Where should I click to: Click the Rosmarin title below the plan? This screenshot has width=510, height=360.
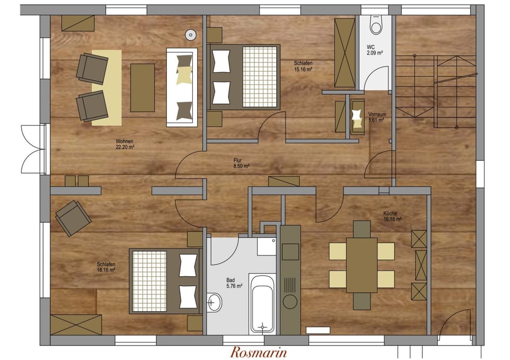pos(259,352)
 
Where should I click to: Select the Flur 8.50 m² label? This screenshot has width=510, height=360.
pos(241,162)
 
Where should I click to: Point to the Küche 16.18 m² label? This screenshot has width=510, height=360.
pos(392,216)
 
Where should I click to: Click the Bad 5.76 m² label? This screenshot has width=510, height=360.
pos(234,283)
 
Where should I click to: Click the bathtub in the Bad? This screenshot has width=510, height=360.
pos(262,303)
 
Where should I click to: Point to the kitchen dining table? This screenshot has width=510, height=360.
pos(362,264)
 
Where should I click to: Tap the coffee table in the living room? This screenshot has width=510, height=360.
pos(142,88)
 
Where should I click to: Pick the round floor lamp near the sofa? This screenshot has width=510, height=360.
pos(190,35)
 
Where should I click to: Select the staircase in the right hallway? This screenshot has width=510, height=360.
pos(436,90)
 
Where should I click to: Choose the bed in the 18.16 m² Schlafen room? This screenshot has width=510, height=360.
pos(165,281)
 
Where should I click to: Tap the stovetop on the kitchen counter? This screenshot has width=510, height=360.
pos(290,252)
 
